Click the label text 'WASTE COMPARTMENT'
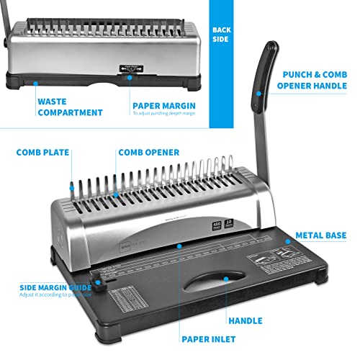coord(70,107)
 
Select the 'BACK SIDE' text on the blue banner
coord(221,35)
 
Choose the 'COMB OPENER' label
coord(149,153)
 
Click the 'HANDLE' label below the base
coord(245,320)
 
